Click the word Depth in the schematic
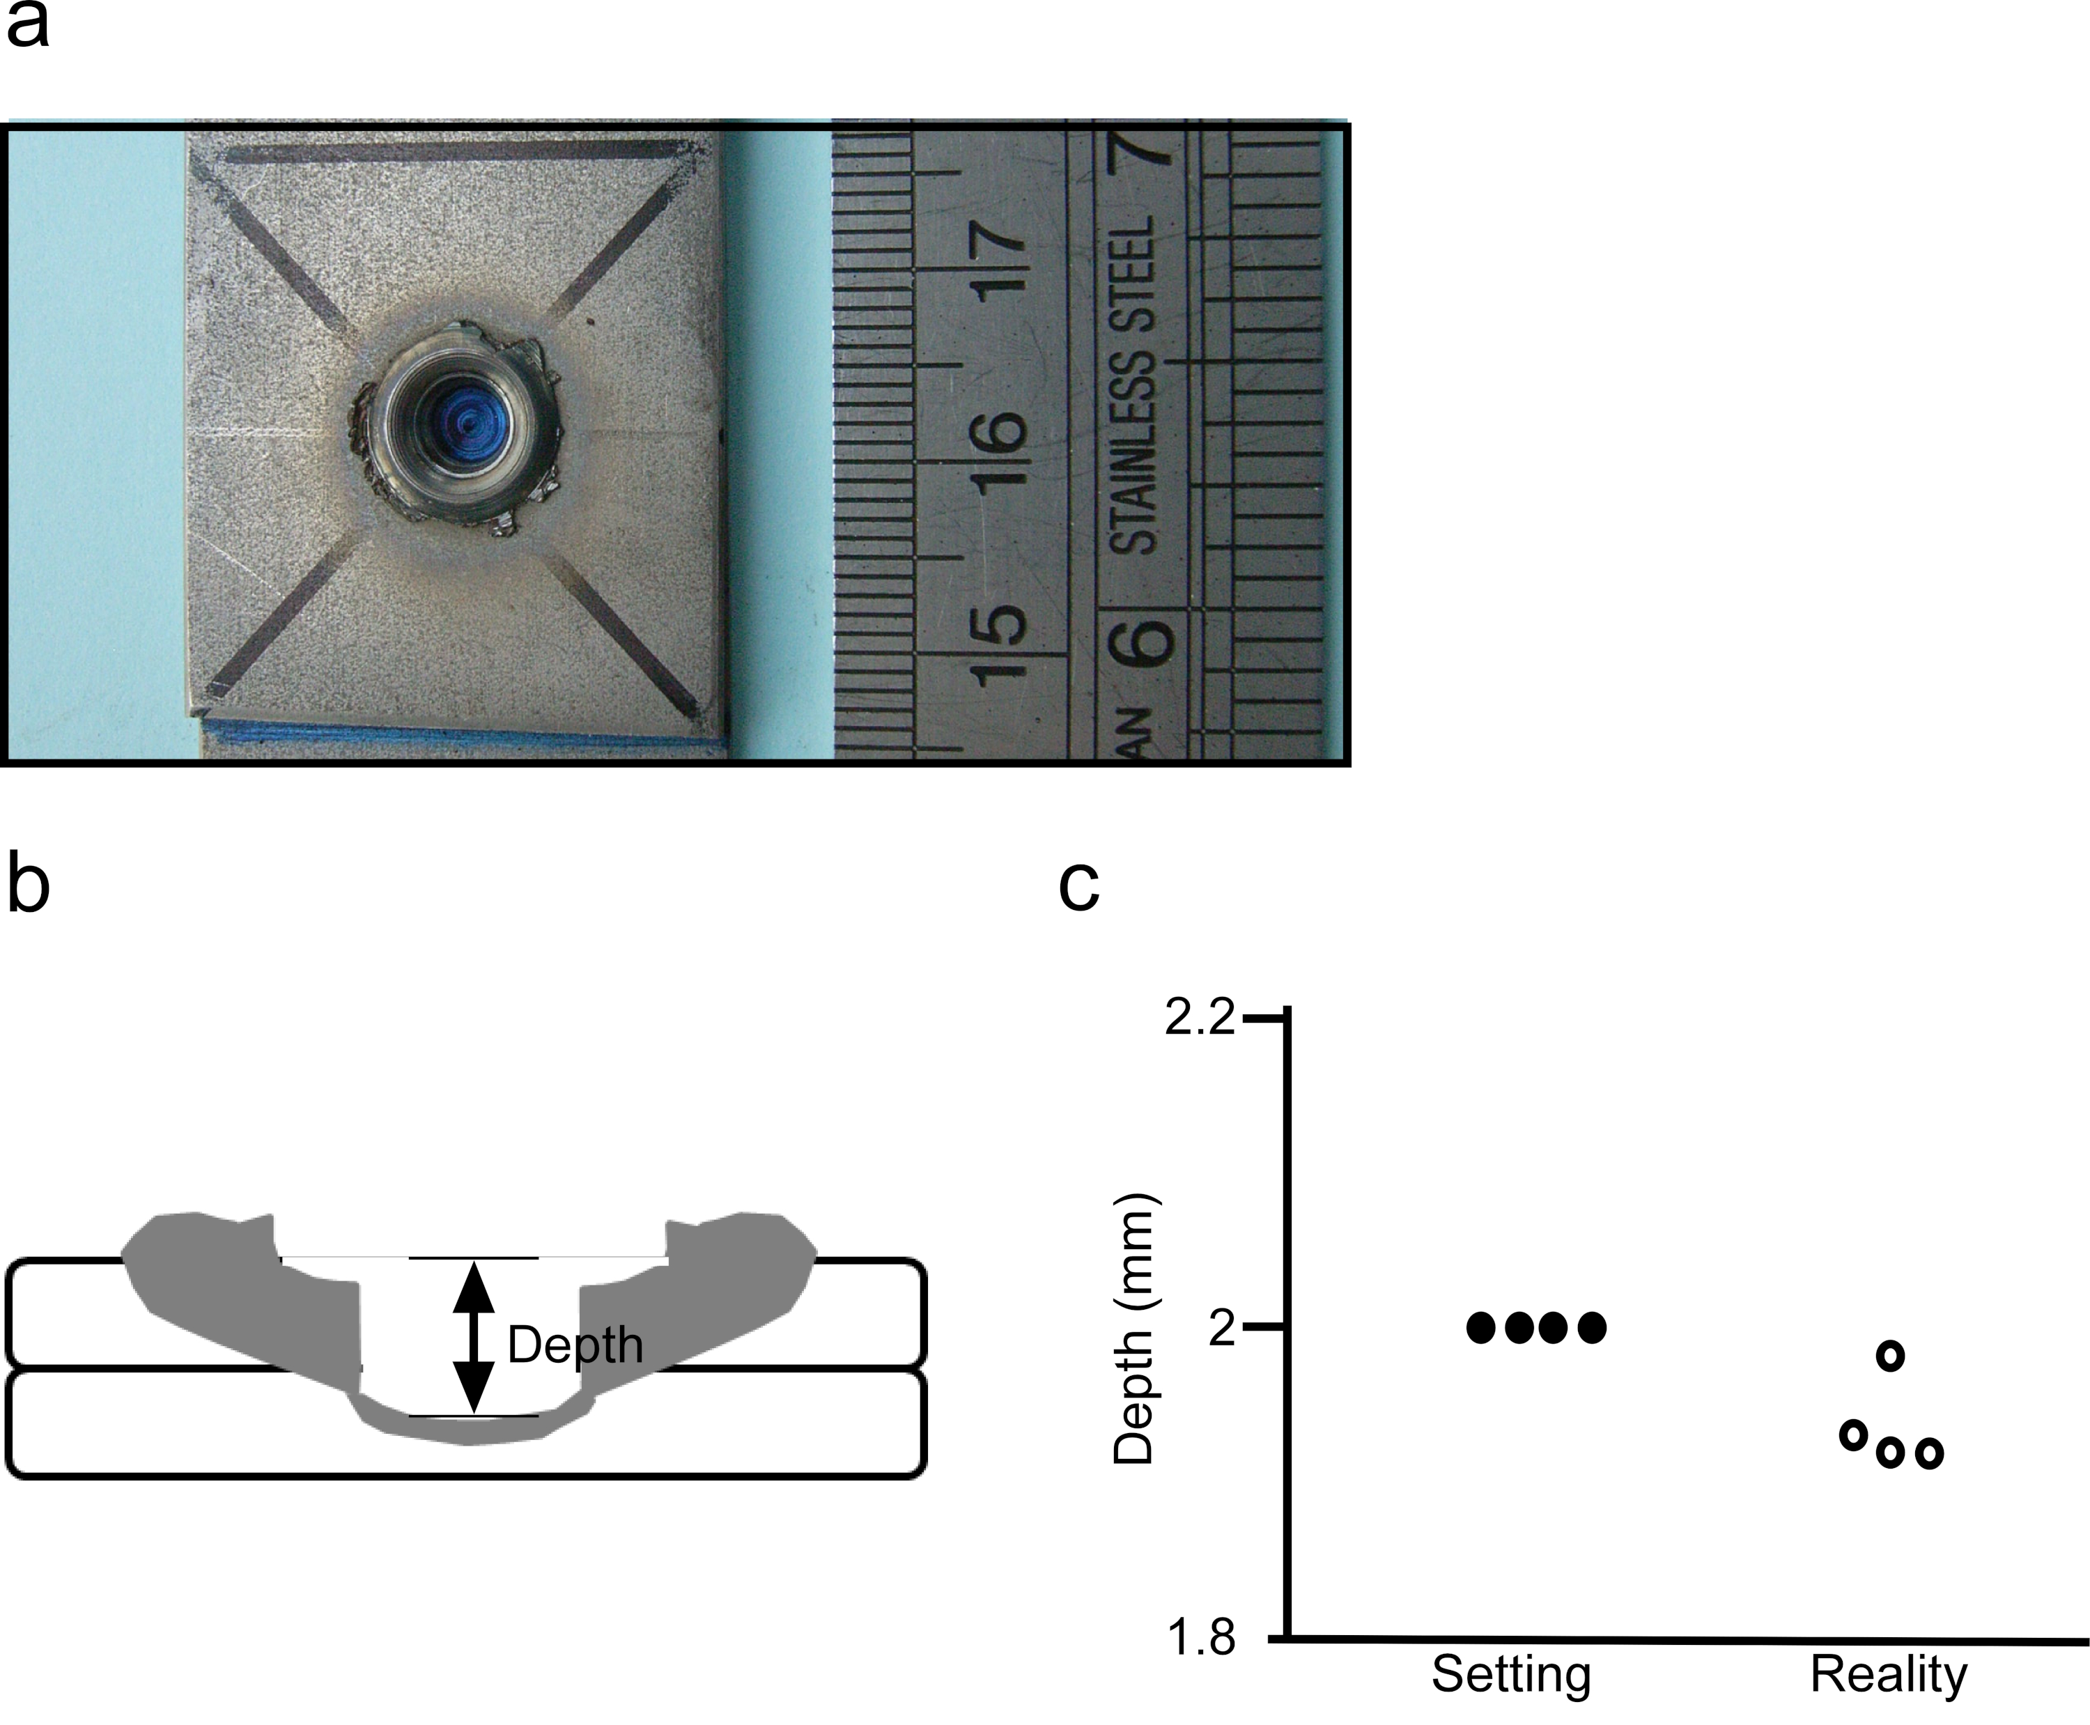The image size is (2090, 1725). pos(575,1345)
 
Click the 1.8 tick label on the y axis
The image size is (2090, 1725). pos(1200,1639)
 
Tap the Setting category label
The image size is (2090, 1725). pos(1510,1674)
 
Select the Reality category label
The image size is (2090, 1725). pos(1888,1674)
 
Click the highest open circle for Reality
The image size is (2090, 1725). pos(1889,1355)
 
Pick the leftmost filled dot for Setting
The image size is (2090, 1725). pos(1481,1327)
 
